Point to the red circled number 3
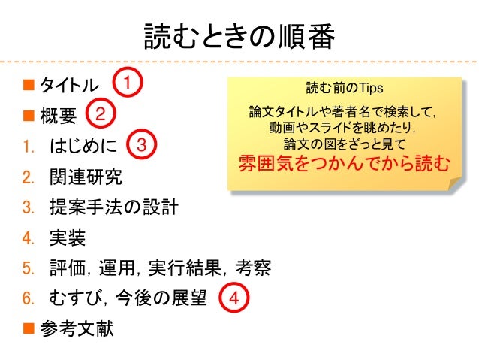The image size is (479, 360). [x=143, y=144]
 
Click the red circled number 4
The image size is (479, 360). [x=233, y=298]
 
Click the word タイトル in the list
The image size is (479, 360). [x=68, y=84]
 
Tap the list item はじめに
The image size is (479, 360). [x=83, y=145]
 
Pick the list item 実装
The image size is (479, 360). [x=67, y=238]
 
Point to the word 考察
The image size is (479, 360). [x=253, y=268]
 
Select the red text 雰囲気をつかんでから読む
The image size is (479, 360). [x=345, y=163]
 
